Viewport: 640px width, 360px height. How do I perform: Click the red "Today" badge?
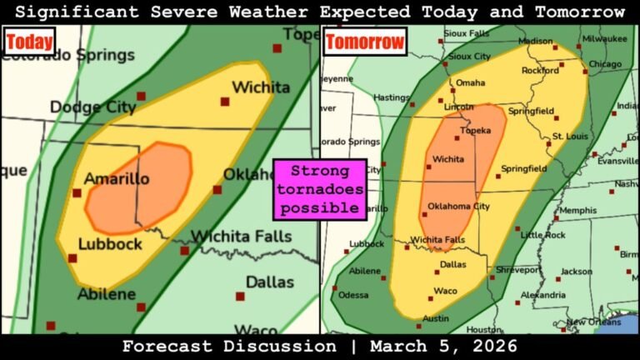29,41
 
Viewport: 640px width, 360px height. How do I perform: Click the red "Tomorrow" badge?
364,42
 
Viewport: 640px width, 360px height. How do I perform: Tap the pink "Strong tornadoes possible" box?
320,189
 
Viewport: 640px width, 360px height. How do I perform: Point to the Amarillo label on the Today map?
116,179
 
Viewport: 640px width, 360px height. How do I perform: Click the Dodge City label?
91,107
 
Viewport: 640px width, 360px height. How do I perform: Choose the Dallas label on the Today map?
269,282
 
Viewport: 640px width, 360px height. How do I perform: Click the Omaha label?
470,82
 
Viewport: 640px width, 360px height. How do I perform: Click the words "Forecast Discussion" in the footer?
229,346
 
